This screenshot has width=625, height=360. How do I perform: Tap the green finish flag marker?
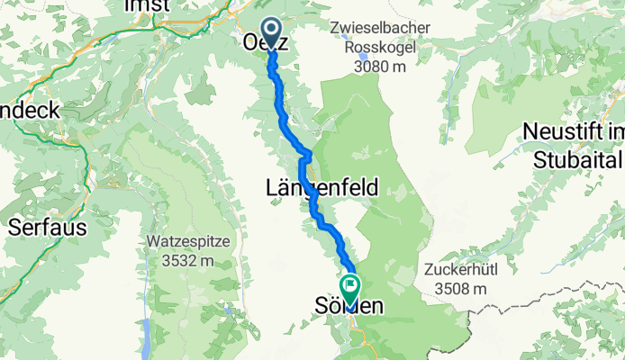click(x=348, y=287)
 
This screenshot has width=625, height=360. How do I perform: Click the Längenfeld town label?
click(x=322, y=187)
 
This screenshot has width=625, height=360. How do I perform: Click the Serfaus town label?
click(x=48, y=227)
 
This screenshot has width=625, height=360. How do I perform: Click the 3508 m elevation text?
click(x=459, y=288)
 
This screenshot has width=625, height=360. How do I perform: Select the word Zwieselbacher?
click(x=380, y=28)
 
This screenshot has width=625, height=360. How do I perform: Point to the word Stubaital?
click(x=573, y=160)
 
